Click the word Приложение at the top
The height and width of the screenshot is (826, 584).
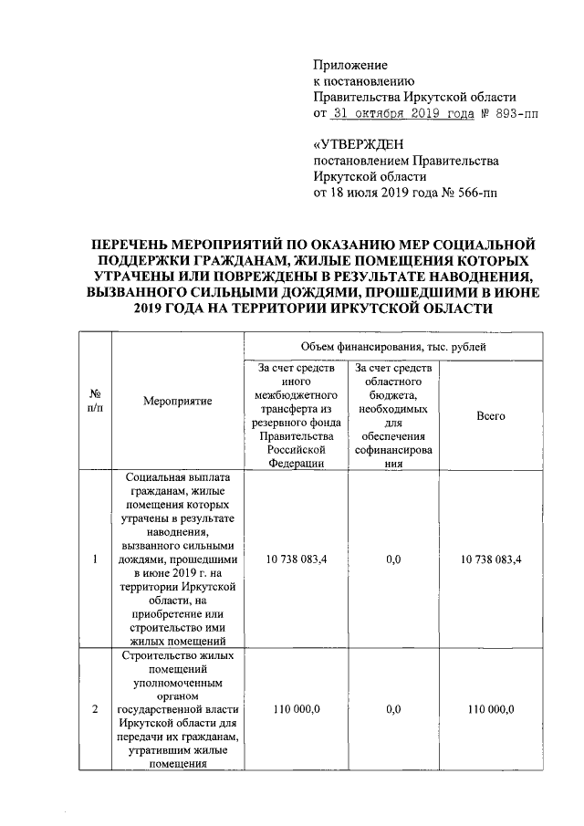click(350, 65)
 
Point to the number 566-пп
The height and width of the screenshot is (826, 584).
click(478, 193)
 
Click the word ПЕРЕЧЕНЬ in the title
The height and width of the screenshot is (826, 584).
click(134, 244)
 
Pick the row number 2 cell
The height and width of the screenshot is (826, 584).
click(96, 709)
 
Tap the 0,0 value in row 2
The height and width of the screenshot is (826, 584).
click(393, 709)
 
